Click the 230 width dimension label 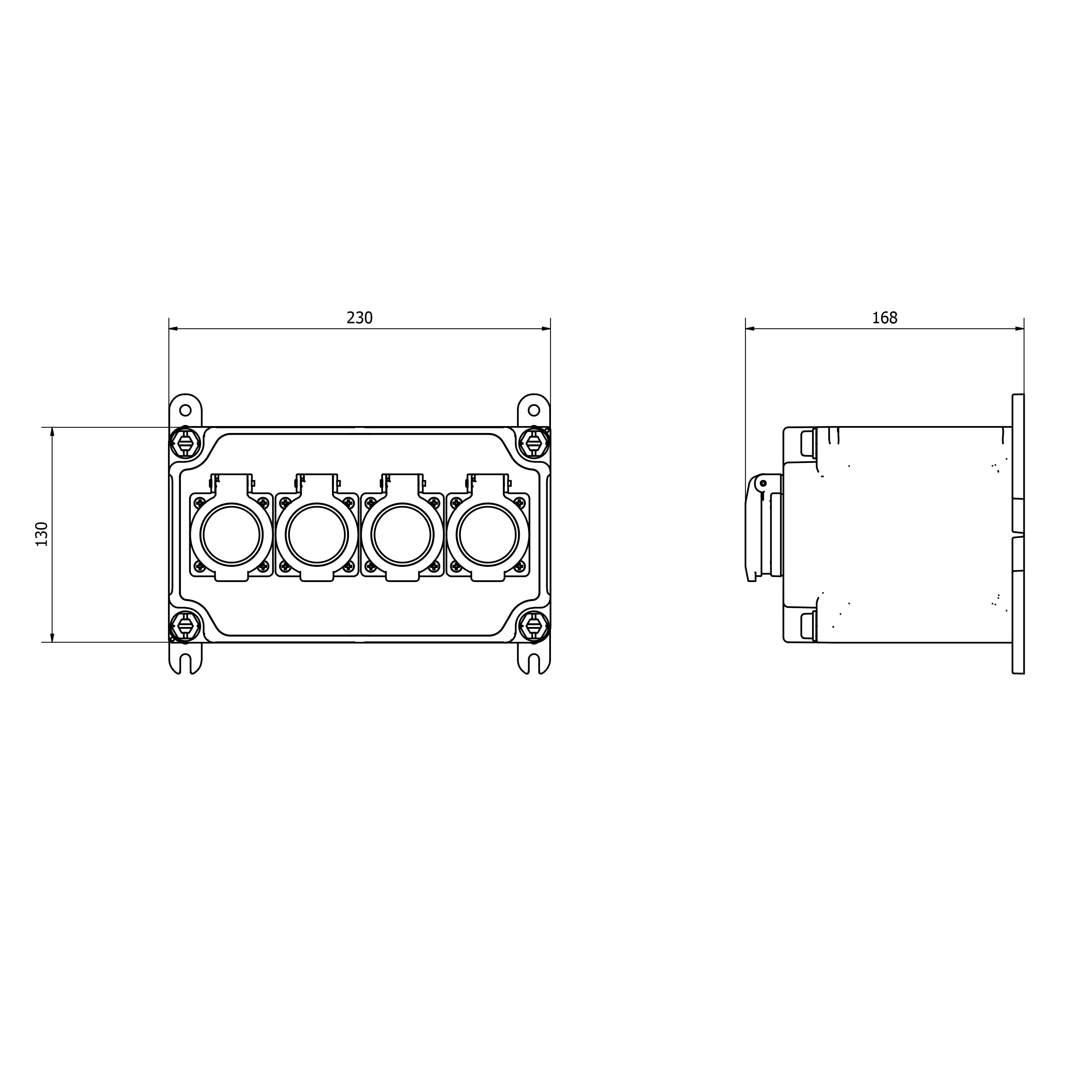coord(359,318)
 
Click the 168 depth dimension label coord(885,318)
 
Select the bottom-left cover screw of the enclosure coord(185,627)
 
